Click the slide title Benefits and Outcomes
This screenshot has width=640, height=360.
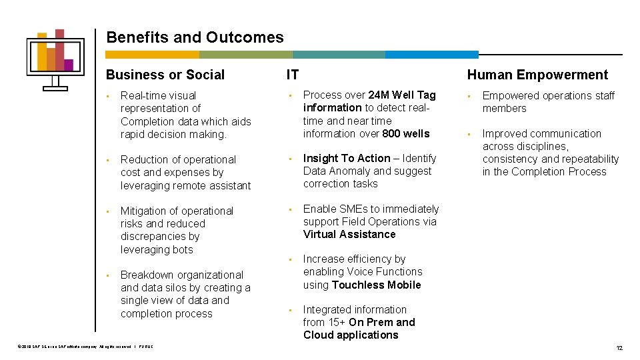195,38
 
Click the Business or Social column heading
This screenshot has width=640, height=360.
165,75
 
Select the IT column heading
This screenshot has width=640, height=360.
293,75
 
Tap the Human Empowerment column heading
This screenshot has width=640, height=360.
537,75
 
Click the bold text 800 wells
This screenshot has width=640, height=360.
406,133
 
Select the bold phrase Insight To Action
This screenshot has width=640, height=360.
347,158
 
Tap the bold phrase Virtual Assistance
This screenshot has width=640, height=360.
349,234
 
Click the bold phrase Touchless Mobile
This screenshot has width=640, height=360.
376,285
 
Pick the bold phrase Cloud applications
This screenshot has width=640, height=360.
351,335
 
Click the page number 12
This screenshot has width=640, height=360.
619,348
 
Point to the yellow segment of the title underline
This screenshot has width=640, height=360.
152,55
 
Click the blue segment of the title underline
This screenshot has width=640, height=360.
431,55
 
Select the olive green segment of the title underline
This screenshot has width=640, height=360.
245,55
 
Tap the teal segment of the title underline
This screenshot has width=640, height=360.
338,55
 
